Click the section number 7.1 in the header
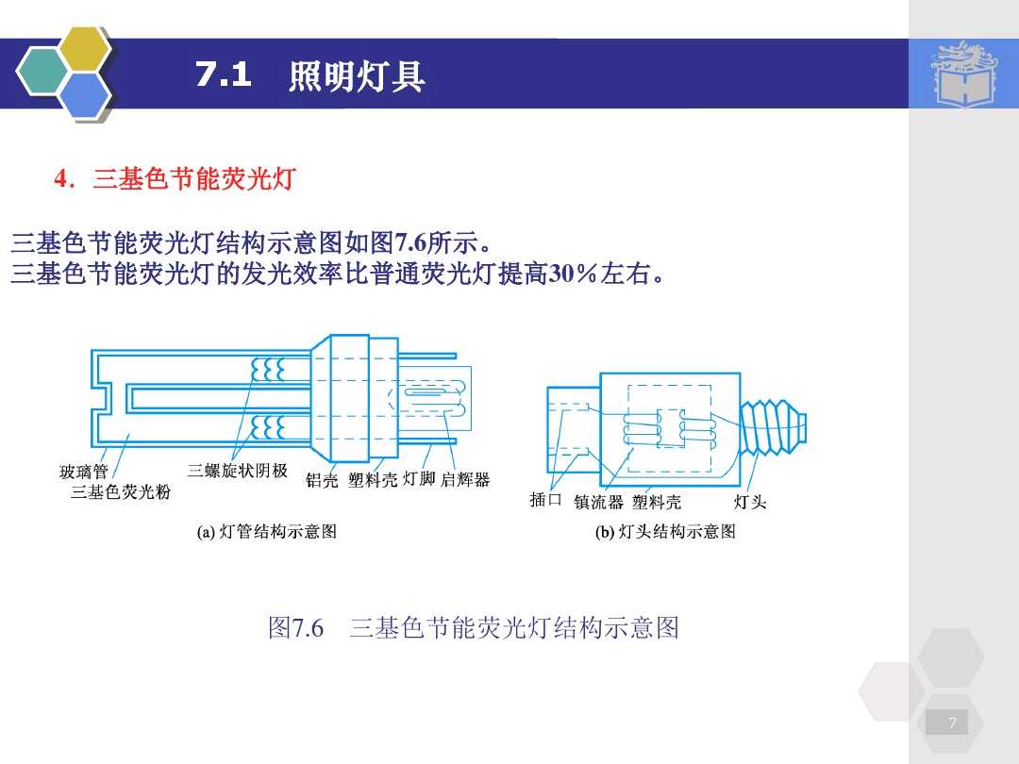224,75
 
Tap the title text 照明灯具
357,76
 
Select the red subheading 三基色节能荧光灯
193,179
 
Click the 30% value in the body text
574,275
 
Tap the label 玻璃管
84,472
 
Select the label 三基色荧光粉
120,491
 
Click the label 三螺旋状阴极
237,471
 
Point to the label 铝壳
322,480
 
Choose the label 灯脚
419,479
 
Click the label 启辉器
466,480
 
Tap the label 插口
546,499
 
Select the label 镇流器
598,502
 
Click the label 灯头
750,502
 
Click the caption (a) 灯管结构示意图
267,532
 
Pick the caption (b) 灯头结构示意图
665,532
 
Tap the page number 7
952,723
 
